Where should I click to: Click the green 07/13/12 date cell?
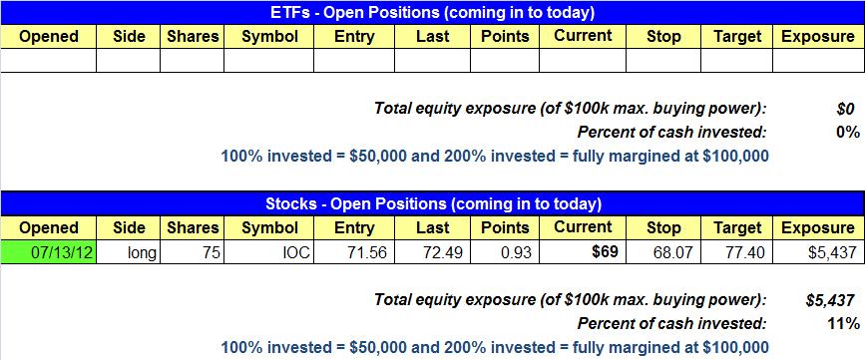coord(49,252)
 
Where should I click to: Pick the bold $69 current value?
coord(605,252)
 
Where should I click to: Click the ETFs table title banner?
coord(433,12)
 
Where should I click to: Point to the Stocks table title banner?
coord(433,204)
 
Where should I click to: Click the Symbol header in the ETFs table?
coord(269,36)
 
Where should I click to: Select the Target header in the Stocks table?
coord(736,227)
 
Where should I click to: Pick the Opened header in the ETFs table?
coord(49,36)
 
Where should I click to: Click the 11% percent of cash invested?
coord(843,323)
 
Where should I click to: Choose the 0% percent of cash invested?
coord(848,133)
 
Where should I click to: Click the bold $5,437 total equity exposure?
coord(830,300)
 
